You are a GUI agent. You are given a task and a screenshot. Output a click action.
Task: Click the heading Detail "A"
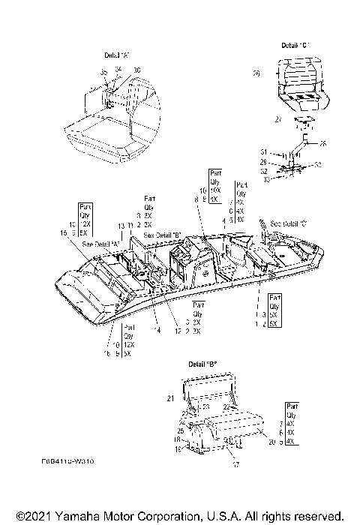118,56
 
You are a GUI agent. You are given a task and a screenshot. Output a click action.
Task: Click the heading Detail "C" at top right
295,46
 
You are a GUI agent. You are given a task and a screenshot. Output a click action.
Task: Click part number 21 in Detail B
169,397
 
